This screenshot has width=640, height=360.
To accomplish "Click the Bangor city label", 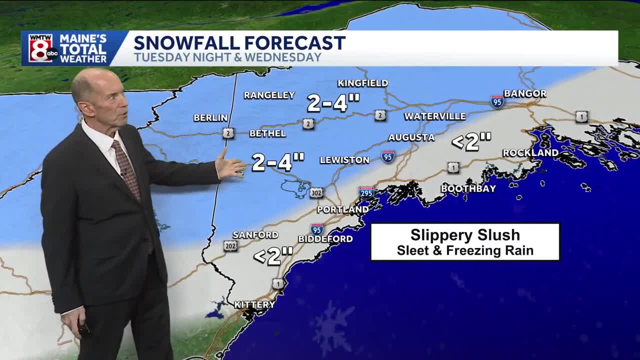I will [525, 93].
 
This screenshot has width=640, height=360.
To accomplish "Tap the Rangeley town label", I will [269, 95].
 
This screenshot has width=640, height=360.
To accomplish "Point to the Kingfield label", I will [362, 83].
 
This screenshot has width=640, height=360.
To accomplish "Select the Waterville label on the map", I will [435, 116].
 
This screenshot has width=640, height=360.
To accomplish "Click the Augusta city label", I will [411, 137].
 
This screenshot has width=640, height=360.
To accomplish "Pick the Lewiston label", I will [344, 160].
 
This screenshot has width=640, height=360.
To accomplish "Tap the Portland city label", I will [343, 209].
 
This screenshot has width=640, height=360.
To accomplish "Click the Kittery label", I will [254, 304].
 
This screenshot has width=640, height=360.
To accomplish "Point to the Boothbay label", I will [468, 188].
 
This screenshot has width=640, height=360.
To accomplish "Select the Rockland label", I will [530, 152].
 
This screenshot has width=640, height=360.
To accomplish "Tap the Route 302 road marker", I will [316, 192].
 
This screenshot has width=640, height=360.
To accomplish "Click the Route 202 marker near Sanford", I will [230, 245].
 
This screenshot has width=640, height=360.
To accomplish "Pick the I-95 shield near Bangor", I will [497, 101].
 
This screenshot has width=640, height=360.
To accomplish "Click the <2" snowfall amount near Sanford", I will [273, 256].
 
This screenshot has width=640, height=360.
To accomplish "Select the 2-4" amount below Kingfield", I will [333, 103].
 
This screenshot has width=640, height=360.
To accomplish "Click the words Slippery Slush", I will [465, 235].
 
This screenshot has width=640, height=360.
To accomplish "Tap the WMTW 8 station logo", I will [41, 48].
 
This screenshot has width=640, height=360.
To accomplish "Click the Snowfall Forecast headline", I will [239, 42].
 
